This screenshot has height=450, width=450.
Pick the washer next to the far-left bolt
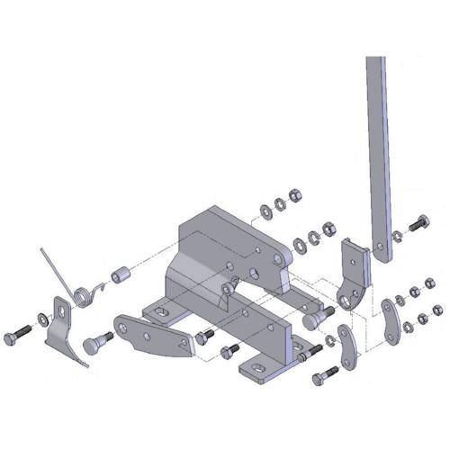[43, 319]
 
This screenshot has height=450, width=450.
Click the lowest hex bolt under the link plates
[319, 378]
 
